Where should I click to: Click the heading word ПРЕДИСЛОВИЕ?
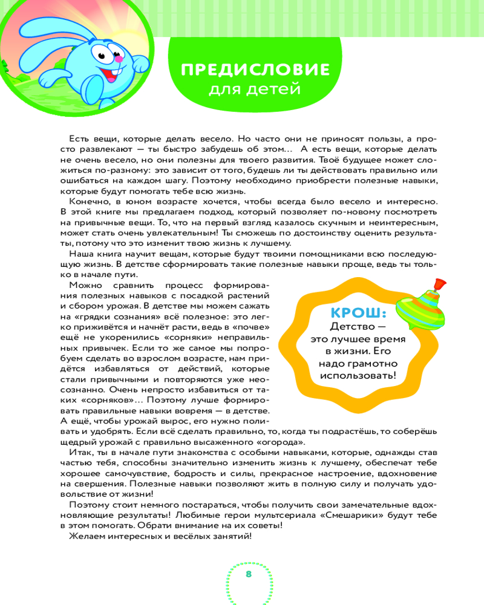pyautogui.click(x=255, y=70)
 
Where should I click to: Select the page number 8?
pyautogui.click(x=248, y=573)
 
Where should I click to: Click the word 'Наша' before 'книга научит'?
pyautogui.click(x=80, y=254)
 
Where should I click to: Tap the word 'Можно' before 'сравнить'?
pyautogui.click(x=85, y=285)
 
